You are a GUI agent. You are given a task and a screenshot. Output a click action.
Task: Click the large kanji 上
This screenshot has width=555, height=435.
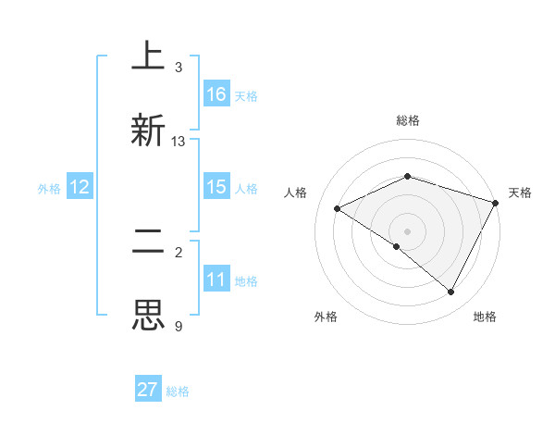(148, 57)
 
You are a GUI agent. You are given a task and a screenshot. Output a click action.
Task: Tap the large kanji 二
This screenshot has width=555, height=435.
(148, 242)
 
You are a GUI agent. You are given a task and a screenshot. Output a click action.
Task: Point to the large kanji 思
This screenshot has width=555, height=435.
(148, 316)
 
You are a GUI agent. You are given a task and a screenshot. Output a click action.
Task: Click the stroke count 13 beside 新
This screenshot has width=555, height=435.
(179, 142)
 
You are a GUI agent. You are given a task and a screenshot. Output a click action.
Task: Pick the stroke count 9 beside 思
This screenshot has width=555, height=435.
(179, 326)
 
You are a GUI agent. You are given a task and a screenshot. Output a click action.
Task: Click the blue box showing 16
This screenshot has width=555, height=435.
(216, 94)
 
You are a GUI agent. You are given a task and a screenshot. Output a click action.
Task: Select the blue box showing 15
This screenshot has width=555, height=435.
(216, 187)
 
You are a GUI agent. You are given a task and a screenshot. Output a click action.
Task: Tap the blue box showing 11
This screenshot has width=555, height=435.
(216, 280)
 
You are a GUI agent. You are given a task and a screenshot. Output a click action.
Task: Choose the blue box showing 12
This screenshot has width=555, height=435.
(80, 187)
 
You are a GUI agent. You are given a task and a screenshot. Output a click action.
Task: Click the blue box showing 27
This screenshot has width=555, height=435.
(148, 390)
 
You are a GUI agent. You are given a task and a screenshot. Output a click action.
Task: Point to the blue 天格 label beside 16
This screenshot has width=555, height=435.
(246, 95)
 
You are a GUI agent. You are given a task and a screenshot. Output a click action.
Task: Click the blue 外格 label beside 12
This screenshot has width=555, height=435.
(49, 188)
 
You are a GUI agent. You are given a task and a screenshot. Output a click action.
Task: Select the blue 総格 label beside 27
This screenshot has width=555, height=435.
(178, 391)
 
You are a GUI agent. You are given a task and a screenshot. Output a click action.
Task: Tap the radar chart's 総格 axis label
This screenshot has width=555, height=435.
(408, 120)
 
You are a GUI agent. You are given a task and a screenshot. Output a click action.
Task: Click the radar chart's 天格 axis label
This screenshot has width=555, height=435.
(520, 193)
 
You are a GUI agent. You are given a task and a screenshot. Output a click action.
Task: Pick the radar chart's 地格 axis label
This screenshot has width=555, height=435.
(485, 317)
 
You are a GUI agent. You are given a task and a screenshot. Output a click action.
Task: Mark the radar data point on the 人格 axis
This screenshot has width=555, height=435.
(338, 209)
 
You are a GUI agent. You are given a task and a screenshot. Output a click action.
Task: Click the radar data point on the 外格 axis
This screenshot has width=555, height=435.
(397, 246)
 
